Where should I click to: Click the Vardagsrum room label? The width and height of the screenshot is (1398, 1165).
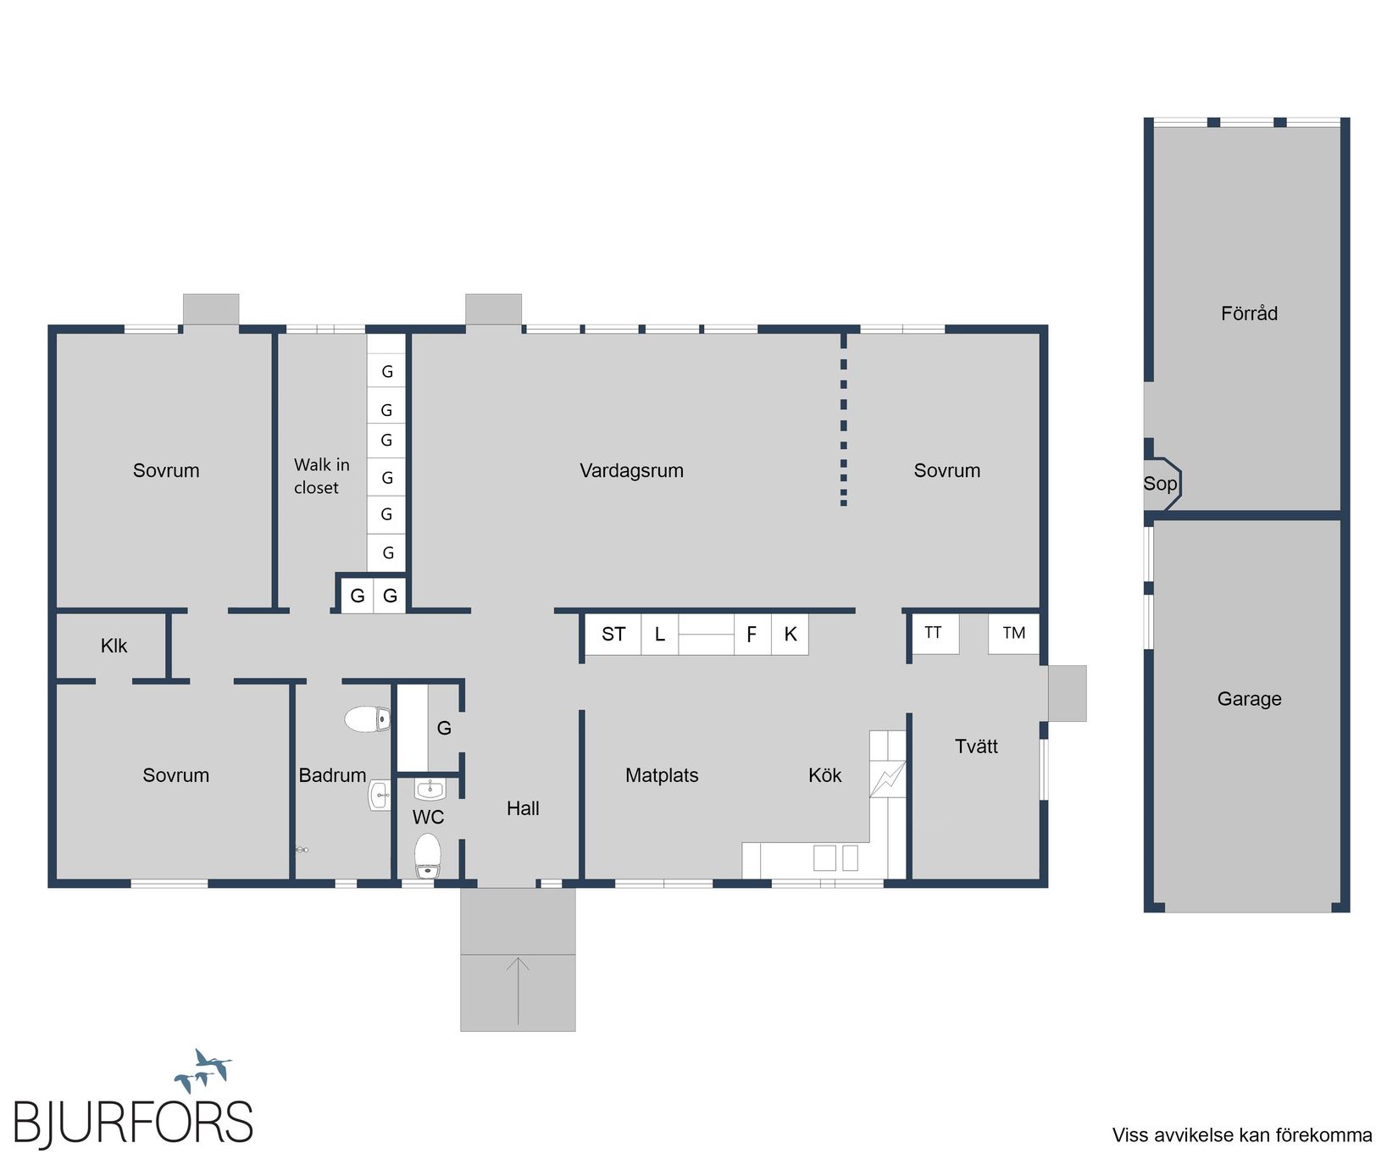[631, 471]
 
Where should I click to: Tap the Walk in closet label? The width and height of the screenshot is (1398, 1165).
[321, 476]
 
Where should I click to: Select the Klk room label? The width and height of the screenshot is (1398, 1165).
[114, 646]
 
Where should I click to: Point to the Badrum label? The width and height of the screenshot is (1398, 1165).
[332, 775]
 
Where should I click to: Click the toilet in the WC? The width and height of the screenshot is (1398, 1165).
[428, 857]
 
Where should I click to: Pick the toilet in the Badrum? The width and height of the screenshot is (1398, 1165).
[368, 719]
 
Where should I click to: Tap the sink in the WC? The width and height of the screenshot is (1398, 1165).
[430, 790]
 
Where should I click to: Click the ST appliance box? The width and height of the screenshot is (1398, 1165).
[613, 634]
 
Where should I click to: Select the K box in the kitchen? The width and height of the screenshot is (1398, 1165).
[790, 634]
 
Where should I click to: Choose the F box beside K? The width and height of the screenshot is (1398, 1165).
[752, 634]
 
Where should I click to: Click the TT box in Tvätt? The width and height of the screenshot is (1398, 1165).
[934, 633]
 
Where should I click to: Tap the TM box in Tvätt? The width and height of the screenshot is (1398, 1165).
[1013, 633]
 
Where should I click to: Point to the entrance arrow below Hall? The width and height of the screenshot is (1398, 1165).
[518, 990]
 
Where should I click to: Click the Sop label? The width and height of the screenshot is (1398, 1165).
[1160, 484]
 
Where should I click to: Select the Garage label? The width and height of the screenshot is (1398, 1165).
[1249, 699]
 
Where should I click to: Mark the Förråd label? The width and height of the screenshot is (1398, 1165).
[1249, 313]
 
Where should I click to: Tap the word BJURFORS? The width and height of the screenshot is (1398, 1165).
[133, 1123]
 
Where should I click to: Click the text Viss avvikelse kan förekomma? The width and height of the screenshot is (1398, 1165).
[1242, 1135]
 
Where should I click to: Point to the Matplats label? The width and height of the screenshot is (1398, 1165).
[662, 775]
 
